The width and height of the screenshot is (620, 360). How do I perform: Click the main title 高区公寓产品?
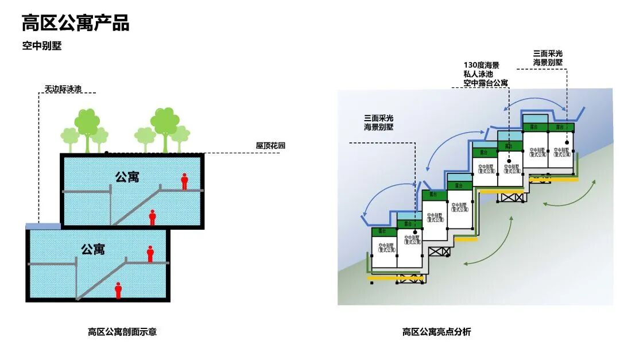[x=75, y=23]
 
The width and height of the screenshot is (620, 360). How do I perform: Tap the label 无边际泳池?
[x=63, y=89]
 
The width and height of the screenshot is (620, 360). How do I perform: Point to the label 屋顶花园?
[x=270, y=146]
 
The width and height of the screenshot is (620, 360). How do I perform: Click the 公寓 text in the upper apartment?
[x=127, y=176]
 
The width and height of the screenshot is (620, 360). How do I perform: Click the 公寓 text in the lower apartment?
[x=92, y=249]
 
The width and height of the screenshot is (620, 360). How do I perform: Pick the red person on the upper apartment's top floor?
[x=184, y=181]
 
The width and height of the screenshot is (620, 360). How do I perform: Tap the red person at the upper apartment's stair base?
[x=152, y=218]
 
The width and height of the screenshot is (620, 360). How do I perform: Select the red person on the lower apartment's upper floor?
[x=150, y=254]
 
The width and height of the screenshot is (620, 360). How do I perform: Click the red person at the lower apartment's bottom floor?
[x=118, y=290]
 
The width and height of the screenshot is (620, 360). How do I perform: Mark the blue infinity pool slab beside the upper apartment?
[x=43, y=226]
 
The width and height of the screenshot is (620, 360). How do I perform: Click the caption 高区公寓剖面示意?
[x=122, y=331]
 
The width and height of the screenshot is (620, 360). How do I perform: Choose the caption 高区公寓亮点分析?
[x=436, y=331]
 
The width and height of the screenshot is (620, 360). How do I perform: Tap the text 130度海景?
[x=481, y=65]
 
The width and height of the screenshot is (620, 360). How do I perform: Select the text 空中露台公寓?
[x=485, y=83]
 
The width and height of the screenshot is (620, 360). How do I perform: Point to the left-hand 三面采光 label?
[x=378, y=117]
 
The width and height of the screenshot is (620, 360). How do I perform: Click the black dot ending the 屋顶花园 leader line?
[x=107, y=153]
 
